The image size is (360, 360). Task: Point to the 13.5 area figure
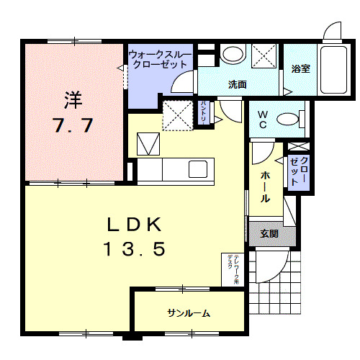135,249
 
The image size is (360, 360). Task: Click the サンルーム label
189,312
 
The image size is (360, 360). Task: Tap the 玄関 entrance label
269,233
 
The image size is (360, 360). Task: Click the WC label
262,119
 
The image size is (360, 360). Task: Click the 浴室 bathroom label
300,70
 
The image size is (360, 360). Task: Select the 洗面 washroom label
238,84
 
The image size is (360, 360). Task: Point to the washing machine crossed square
264,55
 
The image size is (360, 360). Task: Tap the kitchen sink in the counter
197,170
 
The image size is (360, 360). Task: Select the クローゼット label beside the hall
298,171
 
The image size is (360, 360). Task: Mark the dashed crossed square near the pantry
176,115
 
